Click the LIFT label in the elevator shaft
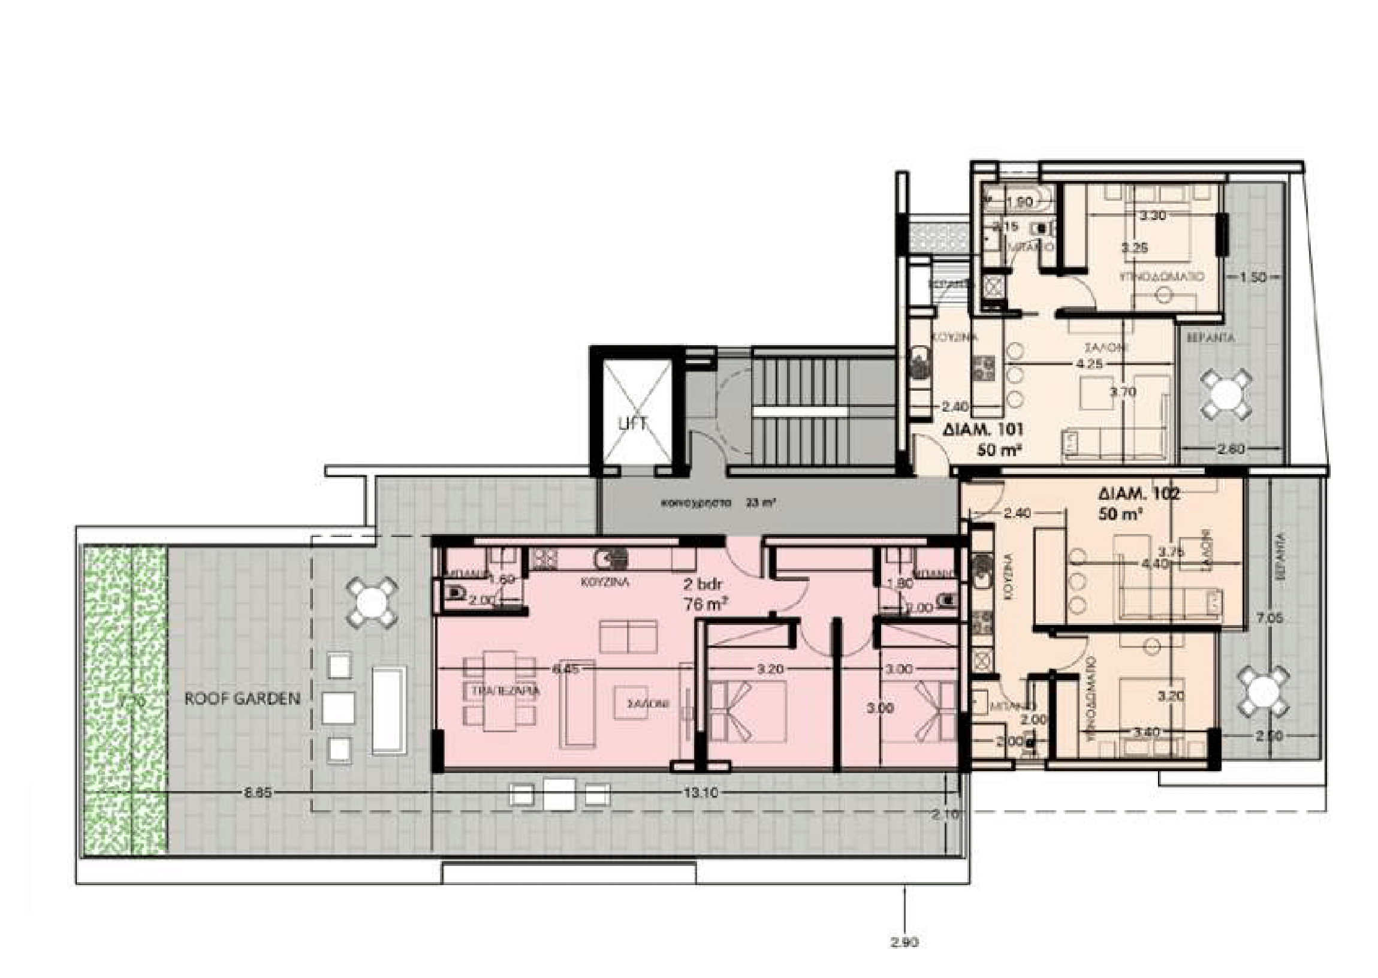[633, 423]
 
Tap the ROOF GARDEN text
[242, 699]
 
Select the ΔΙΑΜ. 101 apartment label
[982, 430]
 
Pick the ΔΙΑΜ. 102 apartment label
[1138, 494]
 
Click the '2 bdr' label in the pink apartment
[703, 584]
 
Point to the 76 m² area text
[703, 603]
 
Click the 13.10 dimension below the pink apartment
[701, 792]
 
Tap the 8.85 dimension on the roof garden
[257, 793]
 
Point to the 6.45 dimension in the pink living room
[566, 668]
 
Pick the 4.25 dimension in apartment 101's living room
[1090, 364]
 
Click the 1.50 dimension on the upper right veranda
[1253, 277]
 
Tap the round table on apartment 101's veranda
[1227, 394]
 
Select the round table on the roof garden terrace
[372, 602]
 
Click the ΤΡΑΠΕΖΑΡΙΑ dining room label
[505, 691]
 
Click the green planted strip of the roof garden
[125, 699]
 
